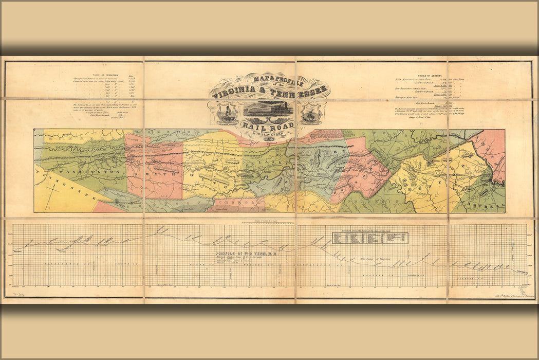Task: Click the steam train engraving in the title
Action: point(268,109)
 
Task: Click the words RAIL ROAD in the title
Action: point(269,125)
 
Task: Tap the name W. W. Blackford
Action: point(269,135)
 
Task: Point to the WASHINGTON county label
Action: point(77,171)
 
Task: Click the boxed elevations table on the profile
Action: point(370,238)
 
